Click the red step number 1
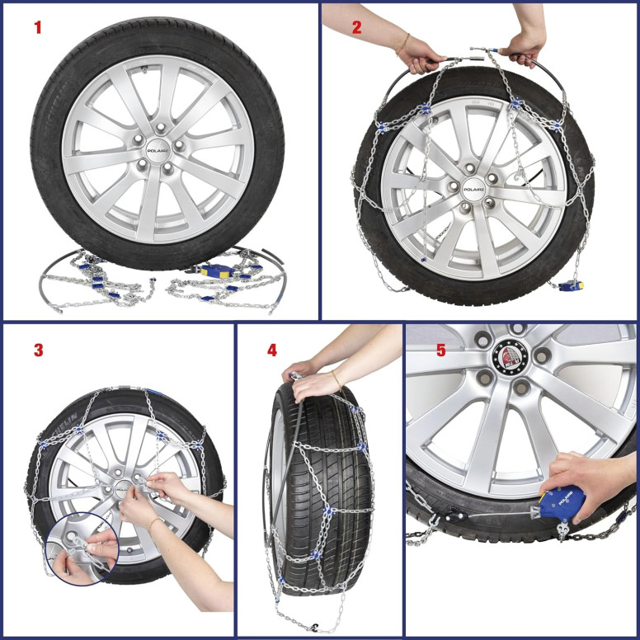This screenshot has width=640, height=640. [x=37, y=27]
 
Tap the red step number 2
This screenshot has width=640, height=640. [x=356, y=27]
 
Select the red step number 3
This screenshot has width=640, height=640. [x=38, y=350]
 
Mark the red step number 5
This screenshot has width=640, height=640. [x=440, y=351]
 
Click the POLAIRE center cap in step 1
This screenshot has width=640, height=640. [x=157, y=151]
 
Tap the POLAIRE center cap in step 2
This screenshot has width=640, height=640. [x=473, y=189]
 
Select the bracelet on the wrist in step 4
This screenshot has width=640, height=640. [x=335, y=379]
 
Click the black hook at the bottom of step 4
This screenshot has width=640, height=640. [x=313, y=628]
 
